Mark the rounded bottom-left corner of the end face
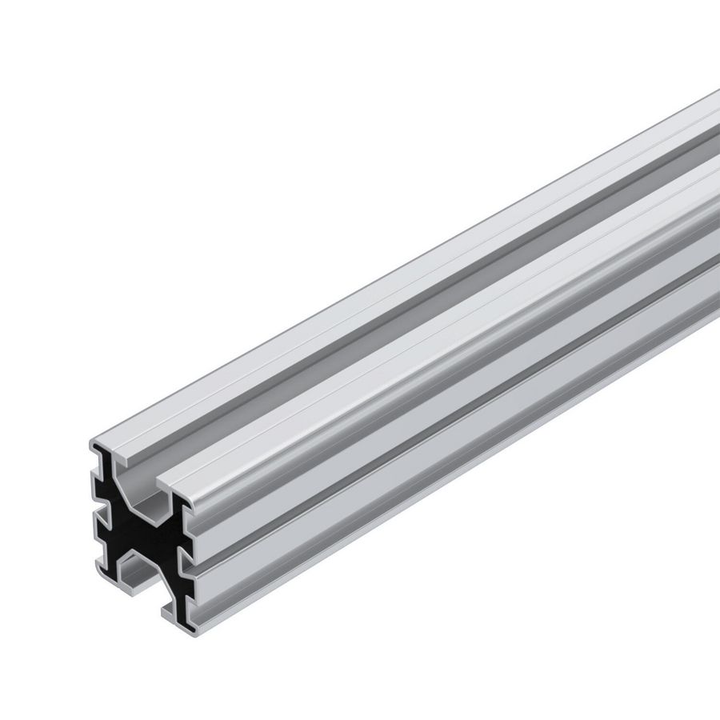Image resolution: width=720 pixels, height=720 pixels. pyautogui.click(x=96, y=570)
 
